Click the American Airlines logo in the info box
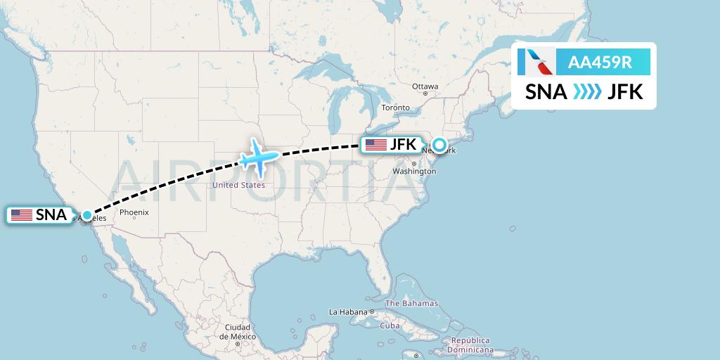536,63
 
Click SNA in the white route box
547,92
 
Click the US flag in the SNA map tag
22,215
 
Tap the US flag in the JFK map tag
376,145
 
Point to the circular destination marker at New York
439,146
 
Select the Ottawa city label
425,86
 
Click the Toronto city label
395,108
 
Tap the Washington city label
414,172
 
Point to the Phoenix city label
134,212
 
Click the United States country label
238,185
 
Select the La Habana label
349,311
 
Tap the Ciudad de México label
238,332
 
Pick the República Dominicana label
471,345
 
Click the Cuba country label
390,326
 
